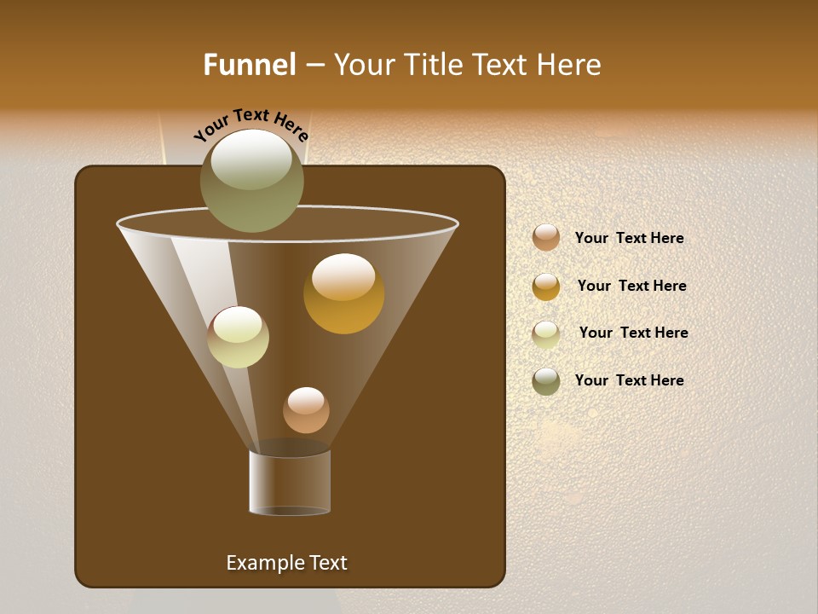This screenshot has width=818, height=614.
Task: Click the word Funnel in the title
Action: click(x=250, y=65)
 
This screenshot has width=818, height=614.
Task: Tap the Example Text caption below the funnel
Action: click(x=286, y=563)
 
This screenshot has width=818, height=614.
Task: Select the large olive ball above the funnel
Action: click(x=252, y=181)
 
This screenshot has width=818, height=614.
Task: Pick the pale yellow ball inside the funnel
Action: click(x=238, y=337)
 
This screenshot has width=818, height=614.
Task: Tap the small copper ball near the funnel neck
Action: click(x=306, y=410)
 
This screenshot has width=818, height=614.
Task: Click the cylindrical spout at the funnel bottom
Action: click(x=290, y=483)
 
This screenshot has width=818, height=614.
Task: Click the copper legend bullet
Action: click(x=546, y=238)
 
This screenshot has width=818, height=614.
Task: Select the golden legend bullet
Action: click(x=546, y=287)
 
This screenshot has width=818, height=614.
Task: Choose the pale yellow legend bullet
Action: click(x=546, y=334)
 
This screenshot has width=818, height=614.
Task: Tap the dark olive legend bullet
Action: click(x=546, y=381)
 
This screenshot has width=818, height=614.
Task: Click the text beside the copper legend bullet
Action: click(x=629, y=239)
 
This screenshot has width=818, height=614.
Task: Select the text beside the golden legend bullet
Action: click(x=631, y=287)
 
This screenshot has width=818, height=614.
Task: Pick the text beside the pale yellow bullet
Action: click(x=633, y=333)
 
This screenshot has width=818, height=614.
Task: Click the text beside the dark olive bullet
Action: click(x=629, y=380)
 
